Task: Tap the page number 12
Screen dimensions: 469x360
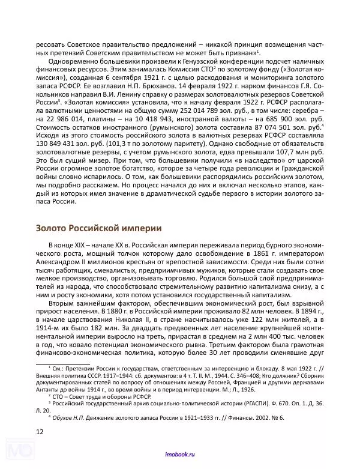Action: pyautogui.click(x=40, y=431)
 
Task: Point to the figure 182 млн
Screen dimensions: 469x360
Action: pyautogui.click(x=119, y=330)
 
